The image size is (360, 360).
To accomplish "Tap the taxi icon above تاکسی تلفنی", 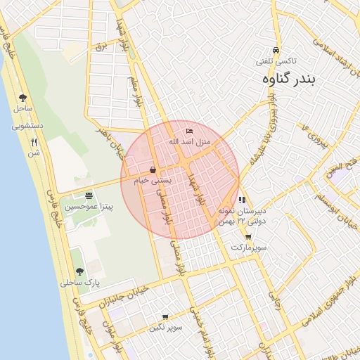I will pyautogui.click(x=276, y=51).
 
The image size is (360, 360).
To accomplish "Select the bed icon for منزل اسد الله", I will pyautogui.click(x=188, y=131).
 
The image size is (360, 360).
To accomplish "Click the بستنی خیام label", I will pyautogui.click(x=152, y=181).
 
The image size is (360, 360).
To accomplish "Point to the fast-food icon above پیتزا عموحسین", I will pyautogui.click(x=89, y=195).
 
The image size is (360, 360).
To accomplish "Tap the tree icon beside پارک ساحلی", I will pyautogui.click(x=79, y=271).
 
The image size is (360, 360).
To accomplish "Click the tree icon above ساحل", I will pyautogui.click(x=22, y=98).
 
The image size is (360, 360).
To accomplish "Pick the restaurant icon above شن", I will pyautogui.click(x=34, y=141).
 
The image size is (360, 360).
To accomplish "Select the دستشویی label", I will pyautogui.click(x=27, y=126).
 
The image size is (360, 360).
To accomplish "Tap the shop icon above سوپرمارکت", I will pyautogui.click(x=248, y=237).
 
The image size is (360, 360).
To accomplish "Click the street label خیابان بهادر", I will pyautogui.click(x=108, y=138).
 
